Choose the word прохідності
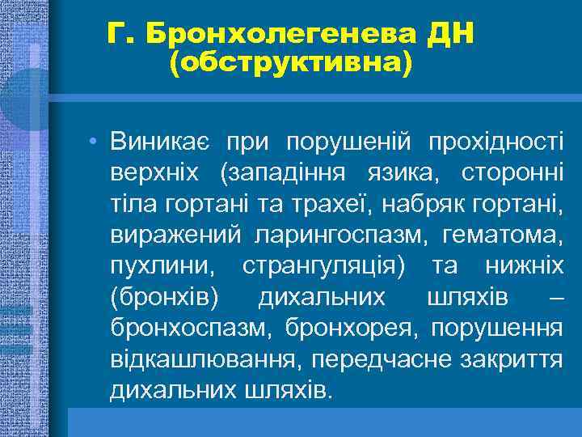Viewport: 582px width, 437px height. click(498, 142)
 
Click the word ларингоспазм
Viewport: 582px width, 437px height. click(344, 235)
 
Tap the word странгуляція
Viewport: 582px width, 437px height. click(324, 266)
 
